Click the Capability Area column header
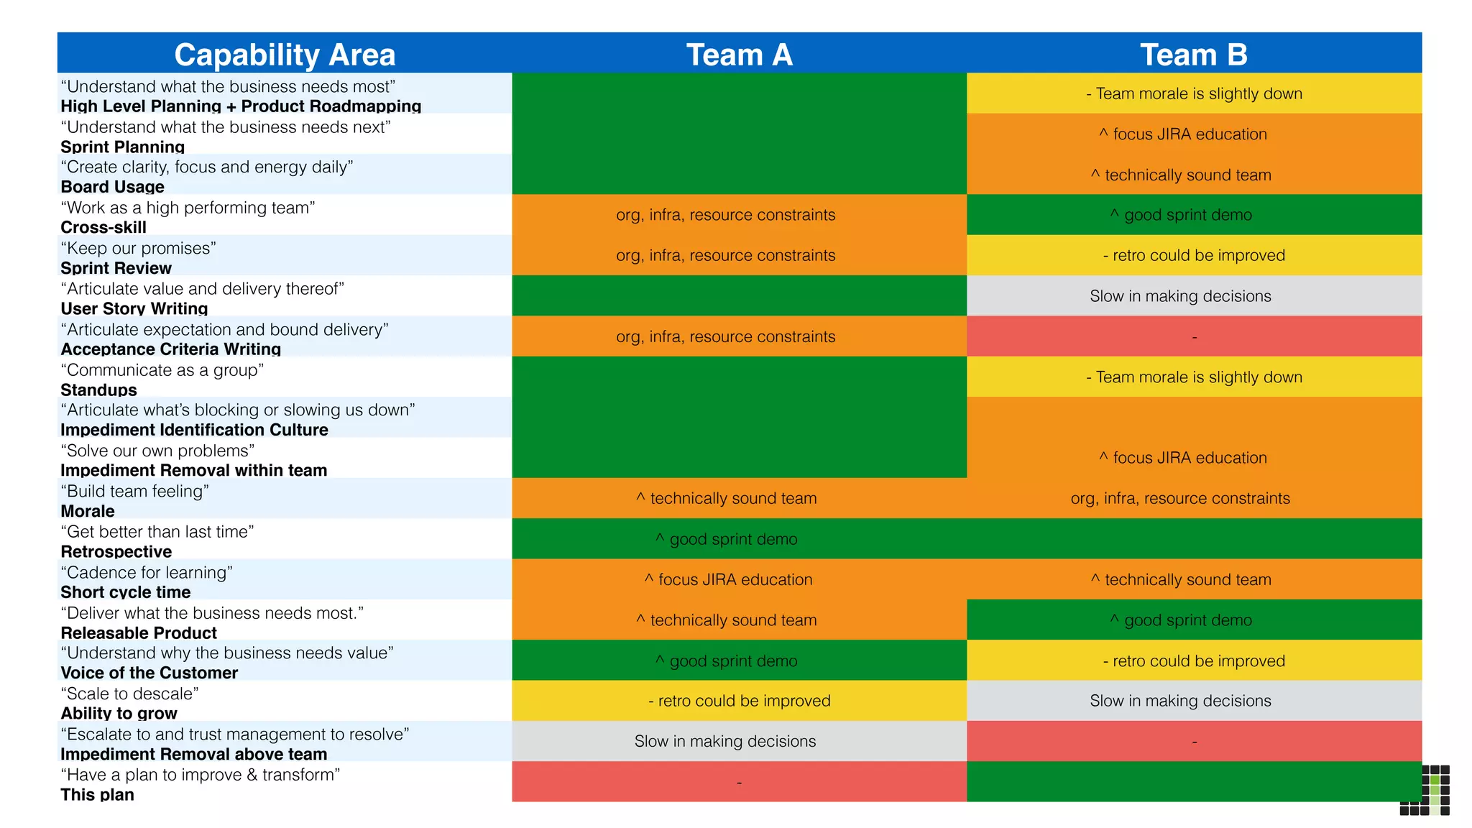pos(285,55)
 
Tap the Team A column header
pos(739,55)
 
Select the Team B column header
pos(1193,55)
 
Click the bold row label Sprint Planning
pos(123,147)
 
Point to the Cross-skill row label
pos(103,227)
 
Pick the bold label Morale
pos(88,511)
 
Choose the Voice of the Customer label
pos(149,673)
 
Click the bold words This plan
pos(97,794)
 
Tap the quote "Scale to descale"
pos(129,694)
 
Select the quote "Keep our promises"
pos(138,249)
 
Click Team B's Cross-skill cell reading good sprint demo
pos(1187,215)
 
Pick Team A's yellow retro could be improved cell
pos(739,701)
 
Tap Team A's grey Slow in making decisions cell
pos(724,741)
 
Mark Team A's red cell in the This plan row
pos(739,782)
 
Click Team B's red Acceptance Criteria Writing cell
pos(1193,336)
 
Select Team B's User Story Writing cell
pos(1180,296)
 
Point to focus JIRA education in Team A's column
pos(735,580)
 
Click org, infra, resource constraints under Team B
pos(1180,499)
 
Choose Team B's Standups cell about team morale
pos(1193,377)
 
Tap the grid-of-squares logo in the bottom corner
pos(1426,791)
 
